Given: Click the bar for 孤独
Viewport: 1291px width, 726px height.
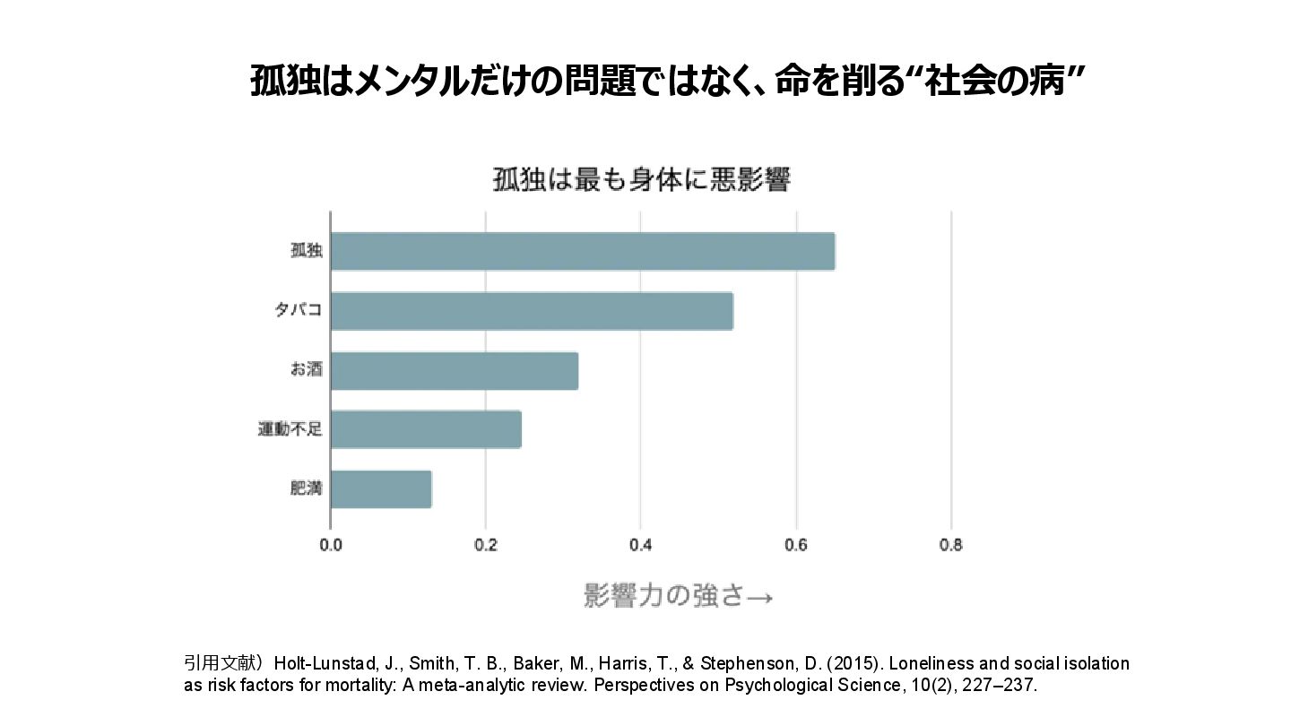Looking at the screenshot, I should [583, 251].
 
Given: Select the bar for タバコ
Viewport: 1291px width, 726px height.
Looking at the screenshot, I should [532, 311].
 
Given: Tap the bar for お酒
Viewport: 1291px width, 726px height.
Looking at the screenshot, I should [455, 371].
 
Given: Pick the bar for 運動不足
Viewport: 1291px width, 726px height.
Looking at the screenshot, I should [426, 430].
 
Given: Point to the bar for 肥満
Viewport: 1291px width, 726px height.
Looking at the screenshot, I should [381, 489].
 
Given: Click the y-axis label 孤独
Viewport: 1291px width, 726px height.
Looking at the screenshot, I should [306, 251].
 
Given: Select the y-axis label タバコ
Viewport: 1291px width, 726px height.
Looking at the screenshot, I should [298, 311].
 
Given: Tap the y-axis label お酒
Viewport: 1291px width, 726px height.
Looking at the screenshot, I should [306, 370].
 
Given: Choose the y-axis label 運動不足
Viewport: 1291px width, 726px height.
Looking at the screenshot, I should [290, 430].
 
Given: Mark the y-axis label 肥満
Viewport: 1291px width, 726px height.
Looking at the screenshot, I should [306, 489].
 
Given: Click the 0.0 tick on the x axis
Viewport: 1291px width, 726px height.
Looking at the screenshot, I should [331, 545].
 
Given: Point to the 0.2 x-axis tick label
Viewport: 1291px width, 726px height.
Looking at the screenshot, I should [485, 545].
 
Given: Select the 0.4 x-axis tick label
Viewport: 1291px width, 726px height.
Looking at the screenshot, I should [640, 545].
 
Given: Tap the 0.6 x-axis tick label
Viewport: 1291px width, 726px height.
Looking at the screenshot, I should [796, 545].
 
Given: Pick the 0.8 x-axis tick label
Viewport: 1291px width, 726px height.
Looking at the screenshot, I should [951, 545].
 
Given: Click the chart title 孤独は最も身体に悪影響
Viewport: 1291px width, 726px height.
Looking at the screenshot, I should [641, 180].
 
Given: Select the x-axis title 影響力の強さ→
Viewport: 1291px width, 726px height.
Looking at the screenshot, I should [678, 596].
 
